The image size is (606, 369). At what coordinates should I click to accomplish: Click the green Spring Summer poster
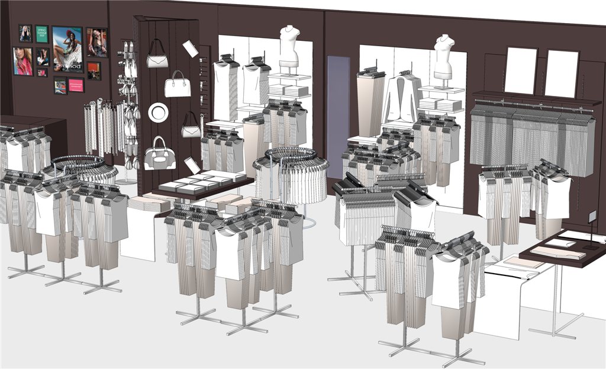[x=41, y=34]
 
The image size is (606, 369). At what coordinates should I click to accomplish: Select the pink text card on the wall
[x=76, y=86]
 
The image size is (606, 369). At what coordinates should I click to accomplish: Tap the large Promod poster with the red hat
[x=67, y=49]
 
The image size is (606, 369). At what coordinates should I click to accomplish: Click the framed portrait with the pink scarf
[x=23, y=61]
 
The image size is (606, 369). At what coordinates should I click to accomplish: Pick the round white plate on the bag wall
[x=158, y=112]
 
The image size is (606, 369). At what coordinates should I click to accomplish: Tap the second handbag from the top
[x=177, y=85]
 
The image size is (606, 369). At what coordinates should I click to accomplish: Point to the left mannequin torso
[x=289, y=47]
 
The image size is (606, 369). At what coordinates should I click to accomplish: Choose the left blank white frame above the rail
[x=520, y=70]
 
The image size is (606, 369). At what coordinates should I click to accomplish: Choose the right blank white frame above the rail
[x=561, y=73]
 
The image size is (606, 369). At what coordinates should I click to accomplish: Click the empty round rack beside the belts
[x=77, y=164]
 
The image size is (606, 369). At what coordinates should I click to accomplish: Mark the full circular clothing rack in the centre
[x=291, y=175]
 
